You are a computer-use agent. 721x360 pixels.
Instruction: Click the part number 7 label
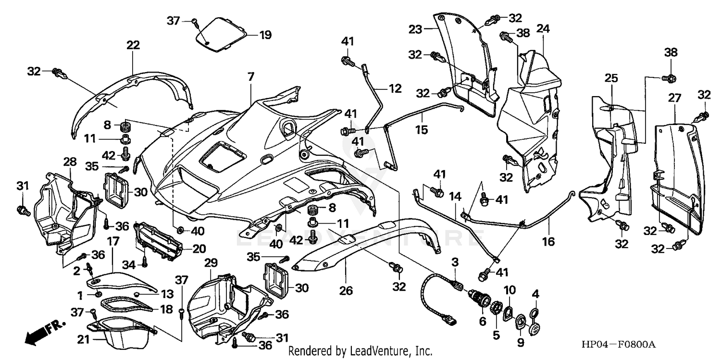[x=251, y=76]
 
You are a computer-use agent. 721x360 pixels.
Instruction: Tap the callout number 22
[x=133, y=46]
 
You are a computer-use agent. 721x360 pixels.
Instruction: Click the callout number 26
[x=346, y=291]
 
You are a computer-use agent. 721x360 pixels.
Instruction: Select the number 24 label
[x=543, y=29]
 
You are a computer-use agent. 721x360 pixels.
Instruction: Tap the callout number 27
[x=674, y=98]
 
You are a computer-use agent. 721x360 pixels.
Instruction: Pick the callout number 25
[x=611, y=78]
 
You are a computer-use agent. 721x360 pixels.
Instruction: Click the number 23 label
[x=416, y=29]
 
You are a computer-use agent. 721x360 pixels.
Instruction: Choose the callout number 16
[x=548, y=241]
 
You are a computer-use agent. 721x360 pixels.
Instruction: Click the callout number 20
[x=199, y=249]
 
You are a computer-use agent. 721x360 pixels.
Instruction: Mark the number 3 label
[x=454, y=261]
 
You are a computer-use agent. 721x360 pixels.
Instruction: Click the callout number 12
[x=395, y=88]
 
